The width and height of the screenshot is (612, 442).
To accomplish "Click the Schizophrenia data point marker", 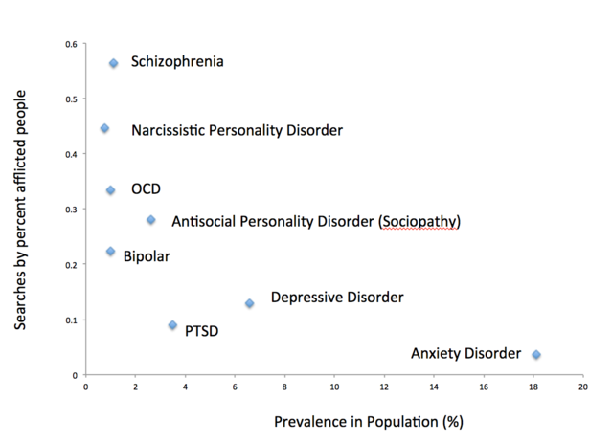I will coord(113,63).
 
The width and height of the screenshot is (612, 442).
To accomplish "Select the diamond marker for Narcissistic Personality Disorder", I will coord(104,128).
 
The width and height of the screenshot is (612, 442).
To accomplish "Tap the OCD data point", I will coord(110,190).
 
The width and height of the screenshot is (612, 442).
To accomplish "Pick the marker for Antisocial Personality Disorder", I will coord(150,220).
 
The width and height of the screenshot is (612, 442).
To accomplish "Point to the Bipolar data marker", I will coord(110,252).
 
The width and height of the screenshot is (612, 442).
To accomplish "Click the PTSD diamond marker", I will coord(172,325).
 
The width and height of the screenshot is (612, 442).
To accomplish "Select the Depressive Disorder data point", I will coord(249,303).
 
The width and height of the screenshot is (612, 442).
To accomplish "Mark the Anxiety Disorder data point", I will coord(536,355).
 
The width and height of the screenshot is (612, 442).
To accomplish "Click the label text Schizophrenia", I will coord(177,62).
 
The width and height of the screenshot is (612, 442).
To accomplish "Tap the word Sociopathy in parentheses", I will coord(419,222).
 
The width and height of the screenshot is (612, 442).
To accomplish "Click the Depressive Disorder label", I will coord(337,298).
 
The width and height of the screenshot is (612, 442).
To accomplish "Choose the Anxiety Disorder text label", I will coord(465,354).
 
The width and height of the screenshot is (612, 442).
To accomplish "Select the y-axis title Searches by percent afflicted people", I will coord(20,210).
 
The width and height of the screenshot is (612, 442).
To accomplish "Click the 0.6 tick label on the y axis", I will coord(72,44).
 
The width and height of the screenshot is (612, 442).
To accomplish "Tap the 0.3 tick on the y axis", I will coord(72,210).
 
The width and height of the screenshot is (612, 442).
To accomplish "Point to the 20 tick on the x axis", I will coord(582,387).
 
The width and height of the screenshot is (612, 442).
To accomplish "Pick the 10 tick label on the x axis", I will coord(334,387).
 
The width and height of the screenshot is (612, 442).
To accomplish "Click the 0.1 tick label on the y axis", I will coord(72,320).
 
